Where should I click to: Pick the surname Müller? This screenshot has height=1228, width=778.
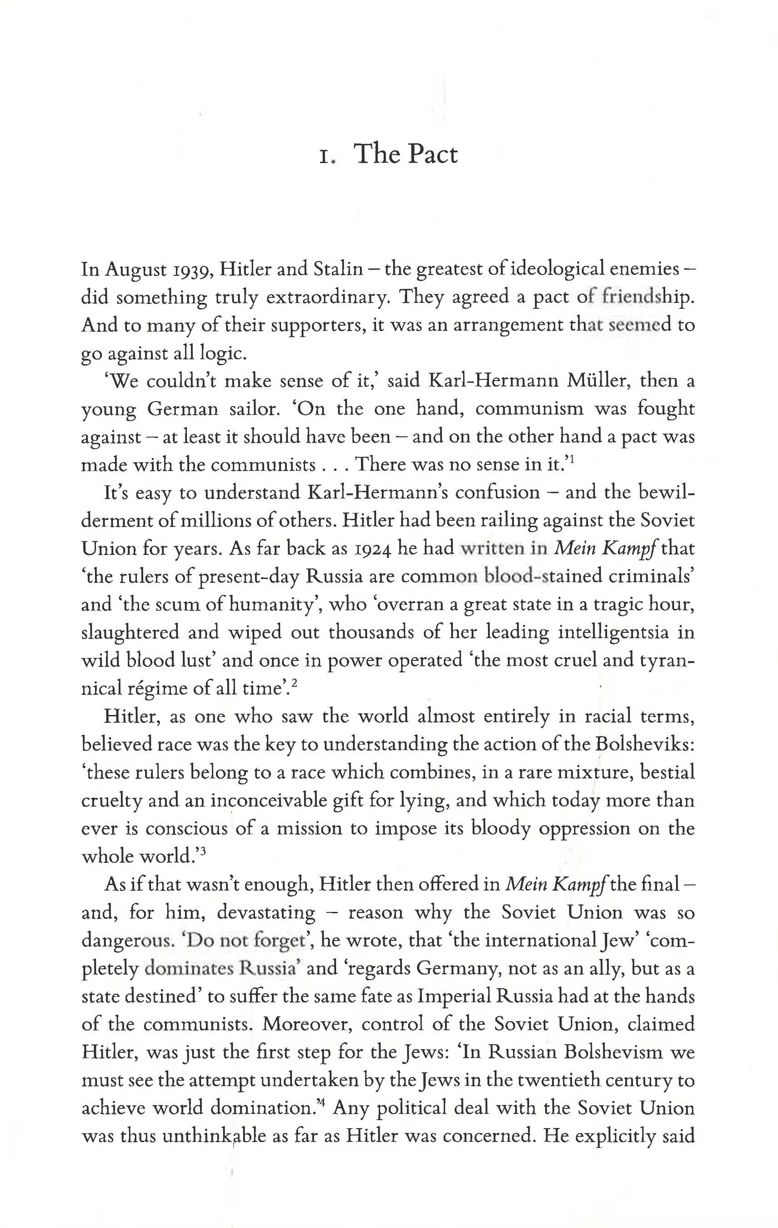point(597,381)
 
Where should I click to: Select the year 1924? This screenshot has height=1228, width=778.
point(369,549)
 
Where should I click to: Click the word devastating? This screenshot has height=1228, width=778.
point(266,912)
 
